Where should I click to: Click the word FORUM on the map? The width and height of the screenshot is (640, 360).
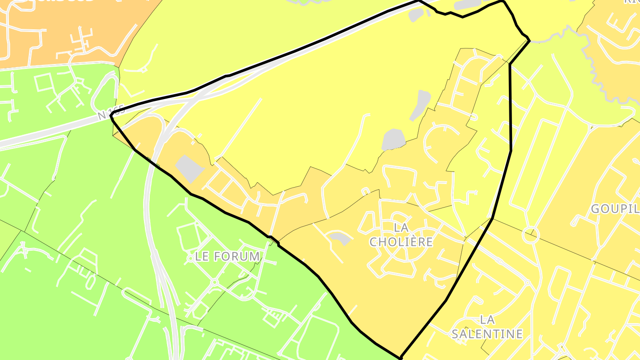236,256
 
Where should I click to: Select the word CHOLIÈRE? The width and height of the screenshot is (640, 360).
401,242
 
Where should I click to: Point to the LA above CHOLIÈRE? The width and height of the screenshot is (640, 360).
401,228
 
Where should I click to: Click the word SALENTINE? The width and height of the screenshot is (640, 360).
487,334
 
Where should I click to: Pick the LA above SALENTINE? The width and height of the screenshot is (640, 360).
488,320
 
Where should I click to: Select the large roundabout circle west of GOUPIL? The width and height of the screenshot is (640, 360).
531,235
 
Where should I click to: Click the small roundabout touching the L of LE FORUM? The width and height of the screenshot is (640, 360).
191,258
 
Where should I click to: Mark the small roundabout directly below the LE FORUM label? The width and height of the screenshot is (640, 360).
215,282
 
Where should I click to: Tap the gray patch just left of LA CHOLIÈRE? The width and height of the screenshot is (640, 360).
340,239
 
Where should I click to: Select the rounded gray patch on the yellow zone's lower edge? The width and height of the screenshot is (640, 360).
393,140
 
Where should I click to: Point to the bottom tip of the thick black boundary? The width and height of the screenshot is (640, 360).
401,357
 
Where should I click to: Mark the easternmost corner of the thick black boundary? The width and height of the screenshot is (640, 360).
529,41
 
